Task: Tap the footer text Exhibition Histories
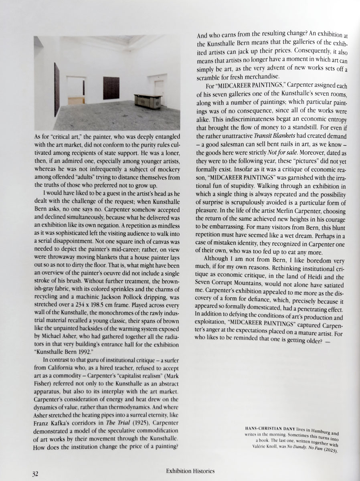190,471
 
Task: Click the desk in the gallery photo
148,100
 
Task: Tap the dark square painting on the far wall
111,88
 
